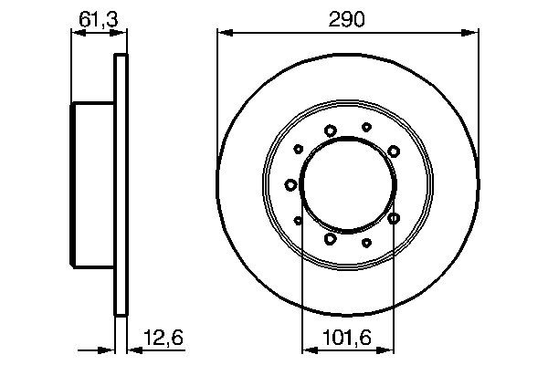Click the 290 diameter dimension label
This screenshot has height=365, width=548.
pyautogui.click(x=347, y=19)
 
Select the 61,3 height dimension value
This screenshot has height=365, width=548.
pyautogui.click(x=99, y=19)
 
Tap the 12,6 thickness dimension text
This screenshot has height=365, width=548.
pyautogui.click(x=163, y=338)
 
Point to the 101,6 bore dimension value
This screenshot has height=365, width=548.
pyautogui.click(x=347, y=338)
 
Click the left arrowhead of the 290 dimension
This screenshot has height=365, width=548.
pyautogui.click(x=225, y=33)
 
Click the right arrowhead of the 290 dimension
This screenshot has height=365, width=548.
pyautogui.click(x=470, y=33)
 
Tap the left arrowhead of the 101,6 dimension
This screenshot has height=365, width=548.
pyautogui.click(x=310, y=349)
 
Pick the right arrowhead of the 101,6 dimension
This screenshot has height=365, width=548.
pyautogui.click(x=385, y=349)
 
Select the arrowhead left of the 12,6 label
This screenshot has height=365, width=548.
pyautogui.click(x=135, y=349)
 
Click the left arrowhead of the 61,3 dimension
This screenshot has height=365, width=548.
pyautogui.click(x=79, y=33)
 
